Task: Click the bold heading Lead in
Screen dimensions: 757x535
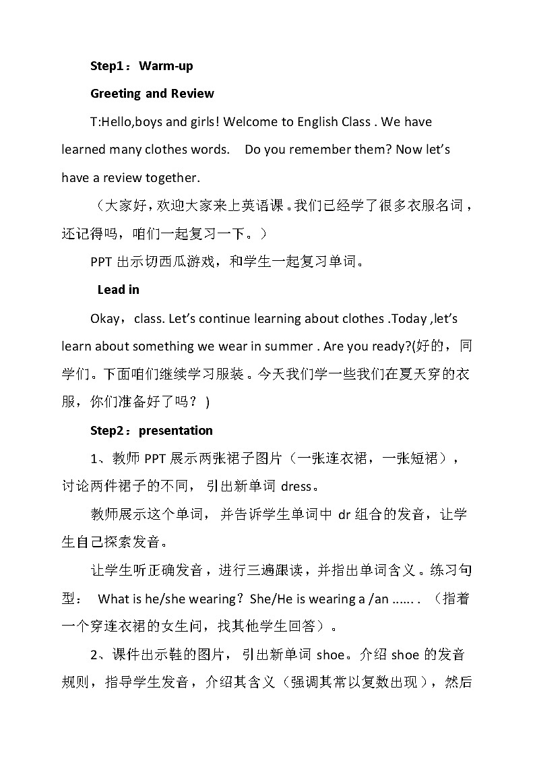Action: pyautogui.click(x=119, y=290)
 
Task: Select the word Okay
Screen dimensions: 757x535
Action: pyautogui.click(x=104, y=318)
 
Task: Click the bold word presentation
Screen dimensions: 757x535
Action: pyautogui.click(x=176, y=431)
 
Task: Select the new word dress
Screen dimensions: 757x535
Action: pyautogui.click(x=296, y=486)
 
